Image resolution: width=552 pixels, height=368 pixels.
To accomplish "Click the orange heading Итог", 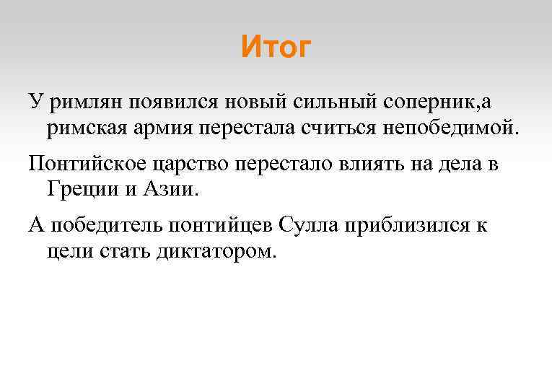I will (x=276, y=47).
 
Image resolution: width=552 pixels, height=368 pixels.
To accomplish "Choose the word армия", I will (x=165, y=129).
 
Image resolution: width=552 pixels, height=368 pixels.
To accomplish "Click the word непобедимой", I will (x=454, y=129).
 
